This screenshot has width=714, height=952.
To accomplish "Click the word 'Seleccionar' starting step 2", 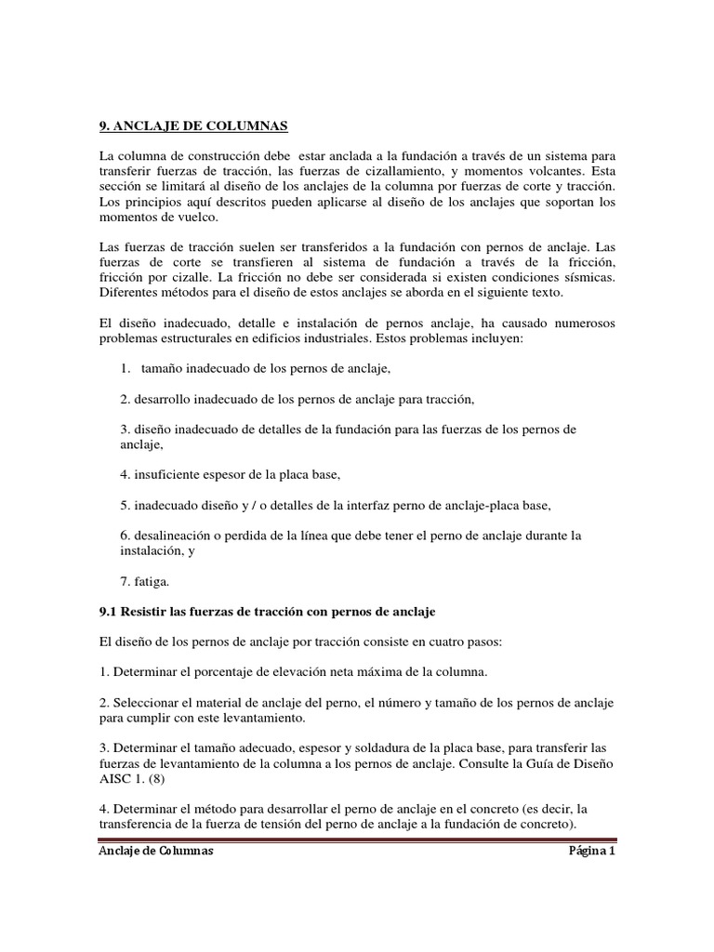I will click(x=149, y=702).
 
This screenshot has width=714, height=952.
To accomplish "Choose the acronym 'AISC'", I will click(x=116, y=778).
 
